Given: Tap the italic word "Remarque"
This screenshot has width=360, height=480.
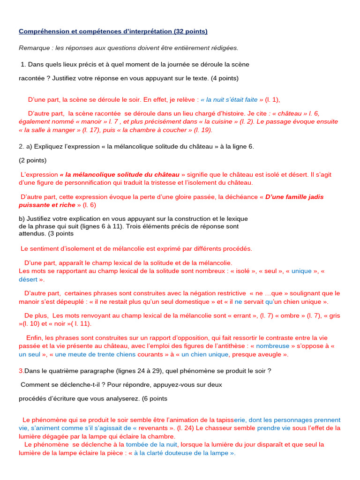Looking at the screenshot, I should pyautogui.click(x=34, y=48).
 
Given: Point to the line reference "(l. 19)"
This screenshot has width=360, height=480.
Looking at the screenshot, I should pyautogui.click(x=203, y=130).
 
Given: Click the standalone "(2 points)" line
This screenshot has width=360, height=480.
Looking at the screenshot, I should pyautogui.click(x=33, y=160).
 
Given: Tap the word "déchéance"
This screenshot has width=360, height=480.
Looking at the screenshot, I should pyautogui.click(x=240, y=197).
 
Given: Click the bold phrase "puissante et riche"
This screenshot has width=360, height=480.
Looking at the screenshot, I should pyautogui.click(x=46, y=205).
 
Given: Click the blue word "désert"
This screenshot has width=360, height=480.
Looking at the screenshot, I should pyautogui.click(x=28, y=279).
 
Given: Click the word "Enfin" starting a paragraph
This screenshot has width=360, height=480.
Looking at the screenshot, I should pyautogui.click(x=35, y=338).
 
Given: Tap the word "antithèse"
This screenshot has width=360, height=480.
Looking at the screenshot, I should pyautogui.click(x=227, y=346).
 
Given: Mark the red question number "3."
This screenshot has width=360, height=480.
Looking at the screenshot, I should pyautogui.click(x=21, y=371).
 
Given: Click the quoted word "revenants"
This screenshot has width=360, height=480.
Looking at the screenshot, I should pyautogui.click(x=158, y=428).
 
